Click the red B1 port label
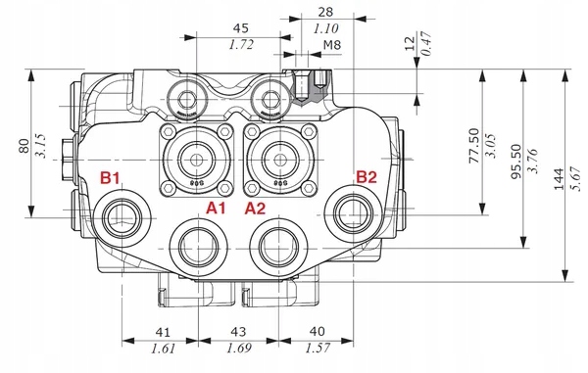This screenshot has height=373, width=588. pyautogui.click(x=110, y=177)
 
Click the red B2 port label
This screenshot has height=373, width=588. pyautogui.click(x=366, y=177)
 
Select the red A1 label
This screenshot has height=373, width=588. pyautogui.click(x=216, y=208)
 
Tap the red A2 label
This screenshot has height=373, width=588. pyautogui.click(x=256, y=209)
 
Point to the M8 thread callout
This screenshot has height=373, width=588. pyautogui.click(x=332, y=45)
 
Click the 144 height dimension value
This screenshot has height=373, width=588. pyautogui.click(x=559, y=179)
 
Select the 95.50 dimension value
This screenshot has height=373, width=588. pyautogui.click(x=516, y=162)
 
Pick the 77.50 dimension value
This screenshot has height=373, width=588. pyautogui.click(x=474, y=146)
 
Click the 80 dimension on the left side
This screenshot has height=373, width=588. pyautogui.click(x=24, y=146)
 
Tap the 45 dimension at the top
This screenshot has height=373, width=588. pyautogui.click(x=241, y=28)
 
